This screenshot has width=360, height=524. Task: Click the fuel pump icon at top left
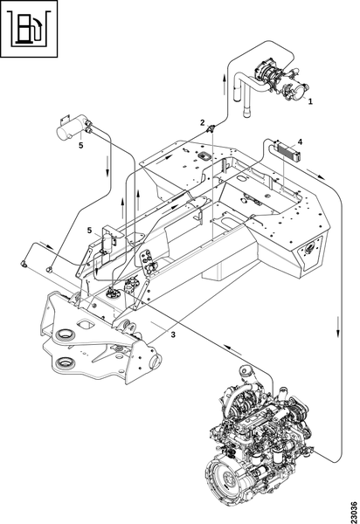(x=29, y=28)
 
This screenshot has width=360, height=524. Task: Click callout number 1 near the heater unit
(x=310, y=101)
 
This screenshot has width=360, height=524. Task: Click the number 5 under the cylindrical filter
(x=81, y=146)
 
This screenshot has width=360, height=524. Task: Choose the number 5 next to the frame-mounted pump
(x=89, y=231)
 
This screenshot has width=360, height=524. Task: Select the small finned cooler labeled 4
(x=287, y=150)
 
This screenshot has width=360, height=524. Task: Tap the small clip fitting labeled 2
(x=211, y=128)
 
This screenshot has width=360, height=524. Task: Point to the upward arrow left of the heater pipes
(x=225, y=85)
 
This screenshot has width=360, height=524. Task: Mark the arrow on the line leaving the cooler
(x=316, y=175)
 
